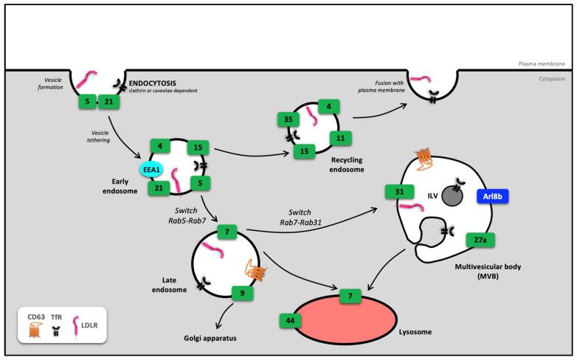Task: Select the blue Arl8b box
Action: (x=490, y=198)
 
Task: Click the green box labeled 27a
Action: (x=480, y=240)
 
